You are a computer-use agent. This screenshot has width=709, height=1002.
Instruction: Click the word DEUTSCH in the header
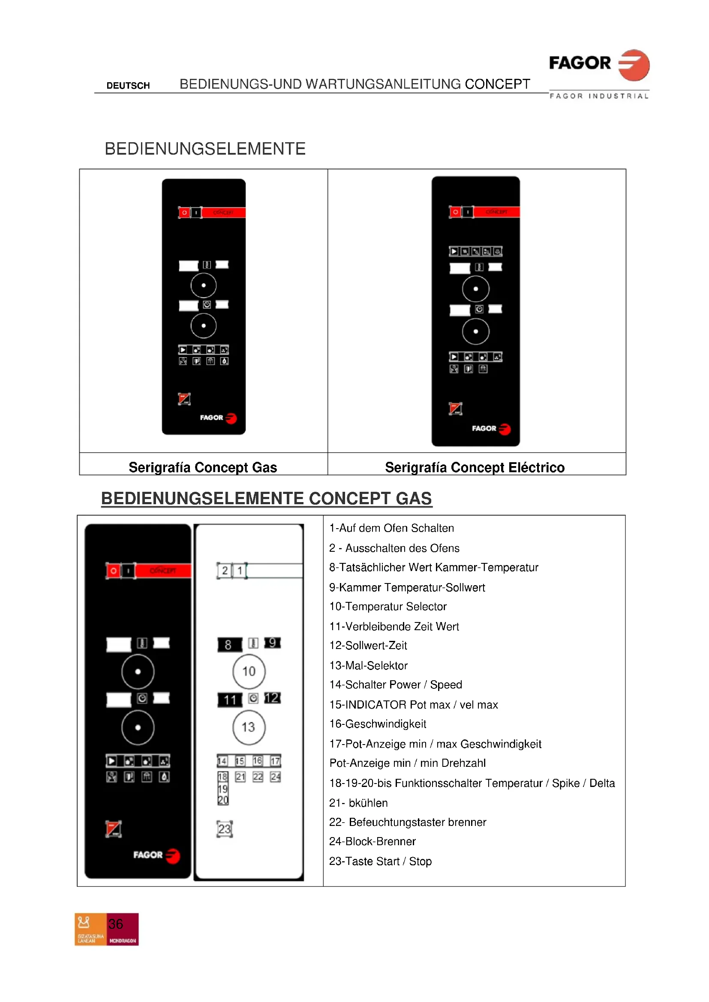(128, 86)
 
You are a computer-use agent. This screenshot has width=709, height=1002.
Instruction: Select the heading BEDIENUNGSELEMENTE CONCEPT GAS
(266, 498)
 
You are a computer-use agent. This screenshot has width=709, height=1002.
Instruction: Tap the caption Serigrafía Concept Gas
(203, 467)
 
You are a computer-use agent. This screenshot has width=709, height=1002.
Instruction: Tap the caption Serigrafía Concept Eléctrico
(475, 467)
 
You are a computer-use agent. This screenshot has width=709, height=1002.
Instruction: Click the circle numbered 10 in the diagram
(249, 671)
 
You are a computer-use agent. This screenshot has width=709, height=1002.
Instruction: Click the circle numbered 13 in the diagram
(249, 727)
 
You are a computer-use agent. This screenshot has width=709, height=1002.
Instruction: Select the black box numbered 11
(230, 700)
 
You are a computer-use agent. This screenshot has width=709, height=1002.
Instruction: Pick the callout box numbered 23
(224, 829)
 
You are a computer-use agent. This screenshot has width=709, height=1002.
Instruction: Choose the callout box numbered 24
(275, 777)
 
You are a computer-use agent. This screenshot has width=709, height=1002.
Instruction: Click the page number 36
(116, 924)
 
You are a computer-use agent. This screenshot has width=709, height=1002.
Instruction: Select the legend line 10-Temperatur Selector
(388, 607)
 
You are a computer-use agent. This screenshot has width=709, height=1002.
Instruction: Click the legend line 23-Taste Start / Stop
(380, 861)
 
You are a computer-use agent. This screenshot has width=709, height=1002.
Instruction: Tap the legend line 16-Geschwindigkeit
(378, 724)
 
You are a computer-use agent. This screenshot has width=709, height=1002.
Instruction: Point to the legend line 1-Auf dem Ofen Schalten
(392, 528)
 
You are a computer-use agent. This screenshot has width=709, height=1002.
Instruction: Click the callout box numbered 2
(224, 570)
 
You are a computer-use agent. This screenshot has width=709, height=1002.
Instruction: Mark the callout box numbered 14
(222, 761)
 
